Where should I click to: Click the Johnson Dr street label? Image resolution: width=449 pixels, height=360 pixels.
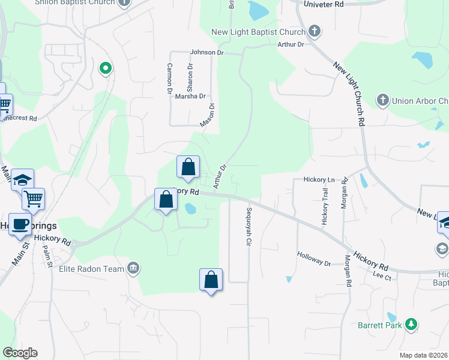[x=206, y=52]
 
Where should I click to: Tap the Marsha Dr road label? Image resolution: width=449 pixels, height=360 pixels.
[x=190, y=96]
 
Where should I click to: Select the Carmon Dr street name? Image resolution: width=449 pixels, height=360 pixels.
[x=170, y=79]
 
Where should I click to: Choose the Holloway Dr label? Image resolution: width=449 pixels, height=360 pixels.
[x=314, y=259]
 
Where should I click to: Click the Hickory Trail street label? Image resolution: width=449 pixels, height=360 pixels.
[x=325, y=206]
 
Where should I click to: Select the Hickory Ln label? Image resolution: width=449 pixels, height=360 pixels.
[x=319, y=179]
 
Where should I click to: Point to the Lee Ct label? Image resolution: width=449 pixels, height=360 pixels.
[x=382, y=277]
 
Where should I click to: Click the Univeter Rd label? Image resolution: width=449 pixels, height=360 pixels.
[x=324, y=4]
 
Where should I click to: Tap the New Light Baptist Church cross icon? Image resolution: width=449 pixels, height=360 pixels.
[x=315, y=31]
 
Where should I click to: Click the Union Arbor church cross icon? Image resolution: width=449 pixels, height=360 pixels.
[x=382, y=100]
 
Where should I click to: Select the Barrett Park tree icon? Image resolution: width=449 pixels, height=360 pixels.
[x=411, y=325]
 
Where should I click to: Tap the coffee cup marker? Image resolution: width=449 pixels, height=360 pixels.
[x=20, y=225]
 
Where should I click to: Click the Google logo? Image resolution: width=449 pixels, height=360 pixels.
[x=20, y=352]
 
